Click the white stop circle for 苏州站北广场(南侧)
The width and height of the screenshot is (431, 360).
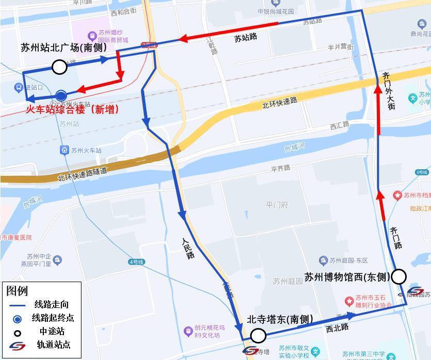tap(60, 67)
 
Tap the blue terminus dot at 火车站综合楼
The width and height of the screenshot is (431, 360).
tap(61, 95)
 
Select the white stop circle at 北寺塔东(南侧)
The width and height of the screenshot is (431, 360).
tap(258, 336)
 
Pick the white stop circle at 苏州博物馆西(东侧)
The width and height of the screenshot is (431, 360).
tap(399, 277)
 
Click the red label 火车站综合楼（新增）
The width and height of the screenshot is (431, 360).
tap(72, 109)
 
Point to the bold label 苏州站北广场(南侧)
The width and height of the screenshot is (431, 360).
tap(63, 47)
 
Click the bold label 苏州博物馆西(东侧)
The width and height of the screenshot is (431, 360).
tap(347, 277)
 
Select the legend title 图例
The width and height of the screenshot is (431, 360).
tap(17, 291)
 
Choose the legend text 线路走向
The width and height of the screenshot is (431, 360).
tap(52, 305)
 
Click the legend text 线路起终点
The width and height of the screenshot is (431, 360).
tap(53, 318)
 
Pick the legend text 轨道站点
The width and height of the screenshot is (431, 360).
tap(53, 345)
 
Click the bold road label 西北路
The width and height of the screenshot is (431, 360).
tap(337, 328)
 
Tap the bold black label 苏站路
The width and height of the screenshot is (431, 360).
tap(245, 38)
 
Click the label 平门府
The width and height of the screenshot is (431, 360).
tap(276, 204)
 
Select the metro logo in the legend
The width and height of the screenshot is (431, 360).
tap(18, 345)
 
